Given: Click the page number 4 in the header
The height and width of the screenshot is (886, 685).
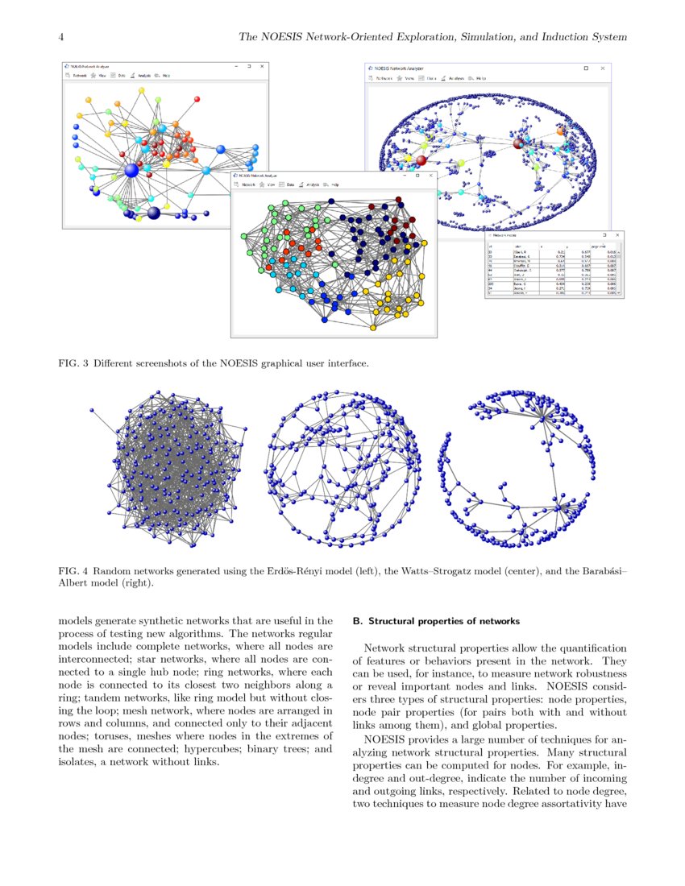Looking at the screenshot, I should [x=62, y=38].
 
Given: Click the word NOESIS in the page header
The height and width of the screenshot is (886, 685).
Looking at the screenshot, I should [x=276, y=38].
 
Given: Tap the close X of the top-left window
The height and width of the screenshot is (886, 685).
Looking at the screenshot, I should [x=262, y=66].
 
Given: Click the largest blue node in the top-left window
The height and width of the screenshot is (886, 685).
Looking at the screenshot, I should [x=132, y=170].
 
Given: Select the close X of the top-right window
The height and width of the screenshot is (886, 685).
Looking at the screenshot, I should [x=604, y=69].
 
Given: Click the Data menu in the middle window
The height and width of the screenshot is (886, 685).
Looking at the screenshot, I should [x=289, y=184].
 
